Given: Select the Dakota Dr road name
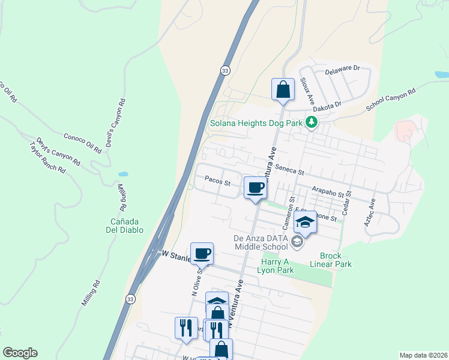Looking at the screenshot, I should pos(327,104).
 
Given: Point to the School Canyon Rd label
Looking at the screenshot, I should pos(391,101).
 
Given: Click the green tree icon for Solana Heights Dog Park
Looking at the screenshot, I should pos(311,123).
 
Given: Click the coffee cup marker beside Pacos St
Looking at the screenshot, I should pos(255,188).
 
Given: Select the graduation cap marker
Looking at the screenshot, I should pos(305,223).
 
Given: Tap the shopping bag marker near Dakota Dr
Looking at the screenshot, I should pos(283,90).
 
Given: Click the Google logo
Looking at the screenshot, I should pos(20,353).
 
